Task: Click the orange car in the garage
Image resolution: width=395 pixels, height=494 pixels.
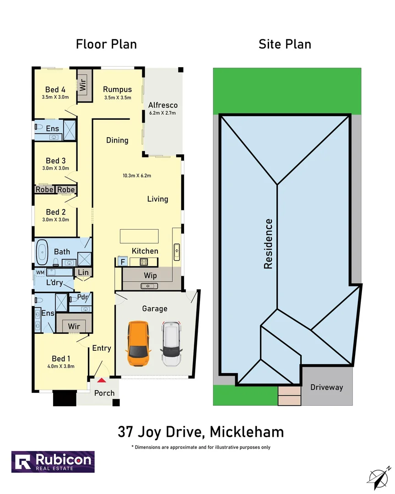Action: tap(139, 344)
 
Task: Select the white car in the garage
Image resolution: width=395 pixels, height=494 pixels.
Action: tap(172, 344)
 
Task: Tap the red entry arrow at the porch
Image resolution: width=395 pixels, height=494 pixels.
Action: tap(101, 380)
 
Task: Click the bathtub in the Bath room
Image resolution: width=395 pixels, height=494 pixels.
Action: tap(42, 252)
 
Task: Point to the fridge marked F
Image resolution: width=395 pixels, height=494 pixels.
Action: tap(122, 262)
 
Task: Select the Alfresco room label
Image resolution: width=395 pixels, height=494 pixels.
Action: tap(162, 105)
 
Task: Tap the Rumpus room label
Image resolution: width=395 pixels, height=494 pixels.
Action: tap(117, 89)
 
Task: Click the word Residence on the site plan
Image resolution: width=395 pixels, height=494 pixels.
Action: tap(268, 243)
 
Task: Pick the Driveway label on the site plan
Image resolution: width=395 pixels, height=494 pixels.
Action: tap(326, 387)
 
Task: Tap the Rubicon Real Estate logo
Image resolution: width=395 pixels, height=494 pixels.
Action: tap(53, 462)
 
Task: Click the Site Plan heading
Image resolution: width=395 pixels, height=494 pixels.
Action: tap(285, 44)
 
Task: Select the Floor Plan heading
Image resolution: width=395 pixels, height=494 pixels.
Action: tap(106, 44)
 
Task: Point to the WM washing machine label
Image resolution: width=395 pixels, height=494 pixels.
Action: tap(40, 273)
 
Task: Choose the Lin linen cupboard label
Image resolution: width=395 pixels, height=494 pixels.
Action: tap(83, 273)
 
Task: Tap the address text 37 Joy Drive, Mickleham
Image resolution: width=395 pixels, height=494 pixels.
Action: tap(200, 432)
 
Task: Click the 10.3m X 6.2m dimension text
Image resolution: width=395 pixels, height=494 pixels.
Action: tap(137, 175)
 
